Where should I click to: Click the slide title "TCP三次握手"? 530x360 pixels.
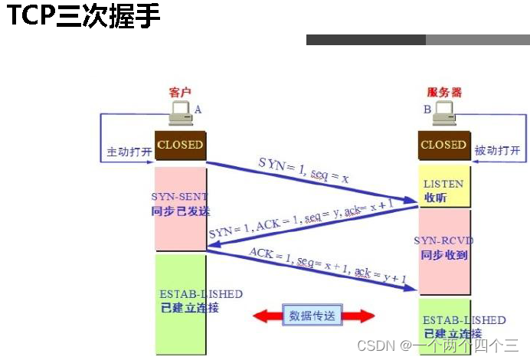pos(84,17)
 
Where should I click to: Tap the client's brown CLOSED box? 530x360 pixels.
pos(180,145)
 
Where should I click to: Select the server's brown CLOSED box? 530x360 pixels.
pos(443,145)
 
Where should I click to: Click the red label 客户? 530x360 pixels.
pos(179,92)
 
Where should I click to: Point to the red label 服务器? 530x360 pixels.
pos(445,92)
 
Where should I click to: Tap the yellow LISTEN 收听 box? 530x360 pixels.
pos(443,187)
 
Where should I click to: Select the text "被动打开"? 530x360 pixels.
pos(497,151)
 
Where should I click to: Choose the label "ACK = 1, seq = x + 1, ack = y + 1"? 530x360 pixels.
pos(327,264)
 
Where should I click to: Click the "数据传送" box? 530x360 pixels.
pos(314,316)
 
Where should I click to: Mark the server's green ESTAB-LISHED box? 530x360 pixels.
pos(443,326)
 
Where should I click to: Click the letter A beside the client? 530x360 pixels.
pos(198,110)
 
